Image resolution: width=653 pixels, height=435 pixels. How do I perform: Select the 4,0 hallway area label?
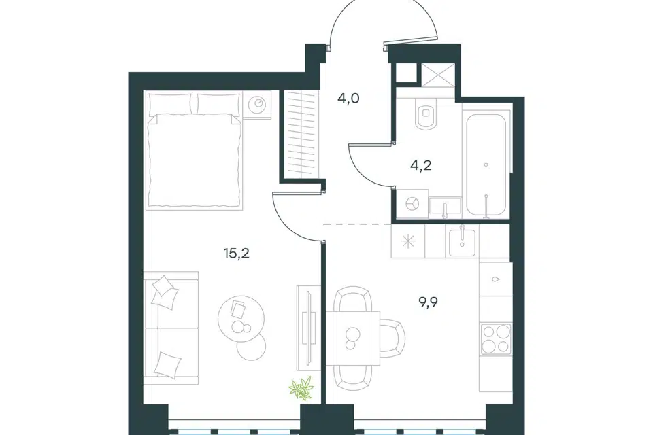(348, 99)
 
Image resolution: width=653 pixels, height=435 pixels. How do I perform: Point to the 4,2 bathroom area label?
(420, 165)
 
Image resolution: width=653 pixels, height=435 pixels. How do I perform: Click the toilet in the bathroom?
(425, 111)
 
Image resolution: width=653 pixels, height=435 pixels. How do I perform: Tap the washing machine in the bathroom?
(412, 204)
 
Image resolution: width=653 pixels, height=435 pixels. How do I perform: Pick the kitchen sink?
(463, 241)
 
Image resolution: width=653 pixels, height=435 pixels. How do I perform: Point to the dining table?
(353, 338)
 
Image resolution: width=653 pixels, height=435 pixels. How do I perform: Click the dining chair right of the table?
(393, 338)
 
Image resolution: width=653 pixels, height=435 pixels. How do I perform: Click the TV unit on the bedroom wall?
(307, 328)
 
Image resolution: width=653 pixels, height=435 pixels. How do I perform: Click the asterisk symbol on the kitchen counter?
(408, 241)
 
